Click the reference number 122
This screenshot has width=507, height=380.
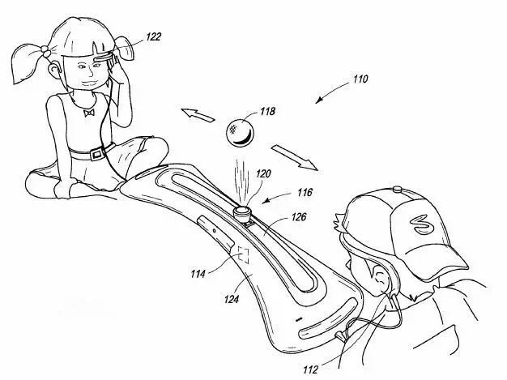tap(153, 36)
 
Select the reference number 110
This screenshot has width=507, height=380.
tap(360, 79)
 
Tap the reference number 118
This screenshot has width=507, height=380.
tap(268, 111)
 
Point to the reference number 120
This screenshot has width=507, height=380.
tap(263, 174)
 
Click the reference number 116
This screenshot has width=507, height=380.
tap(305, 192)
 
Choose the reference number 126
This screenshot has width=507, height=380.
tap(299, 216)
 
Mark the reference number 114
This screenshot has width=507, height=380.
tap(198, 274)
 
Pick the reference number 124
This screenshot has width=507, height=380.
tap(232, 299)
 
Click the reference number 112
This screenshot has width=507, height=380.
tap(311, 369)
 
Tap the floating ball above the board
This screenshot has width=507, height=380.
tap(241, 133)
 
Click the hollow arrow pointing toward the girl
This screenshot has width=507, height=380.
tap(198, 115)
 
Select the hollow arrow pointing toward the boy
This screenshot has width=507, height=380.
tap(294, 157)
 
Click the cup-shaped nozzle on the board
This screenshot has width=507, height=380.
tap(241, 212)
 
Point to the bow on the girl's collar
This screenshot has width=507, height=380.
tap(88, 113)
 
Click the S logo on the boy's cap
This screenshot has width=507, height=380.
tap(420, 224)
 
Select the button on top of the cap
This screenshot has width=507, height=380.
tap(398, 189)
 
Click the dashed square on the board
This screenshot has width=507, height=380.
tap(243, 254)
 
